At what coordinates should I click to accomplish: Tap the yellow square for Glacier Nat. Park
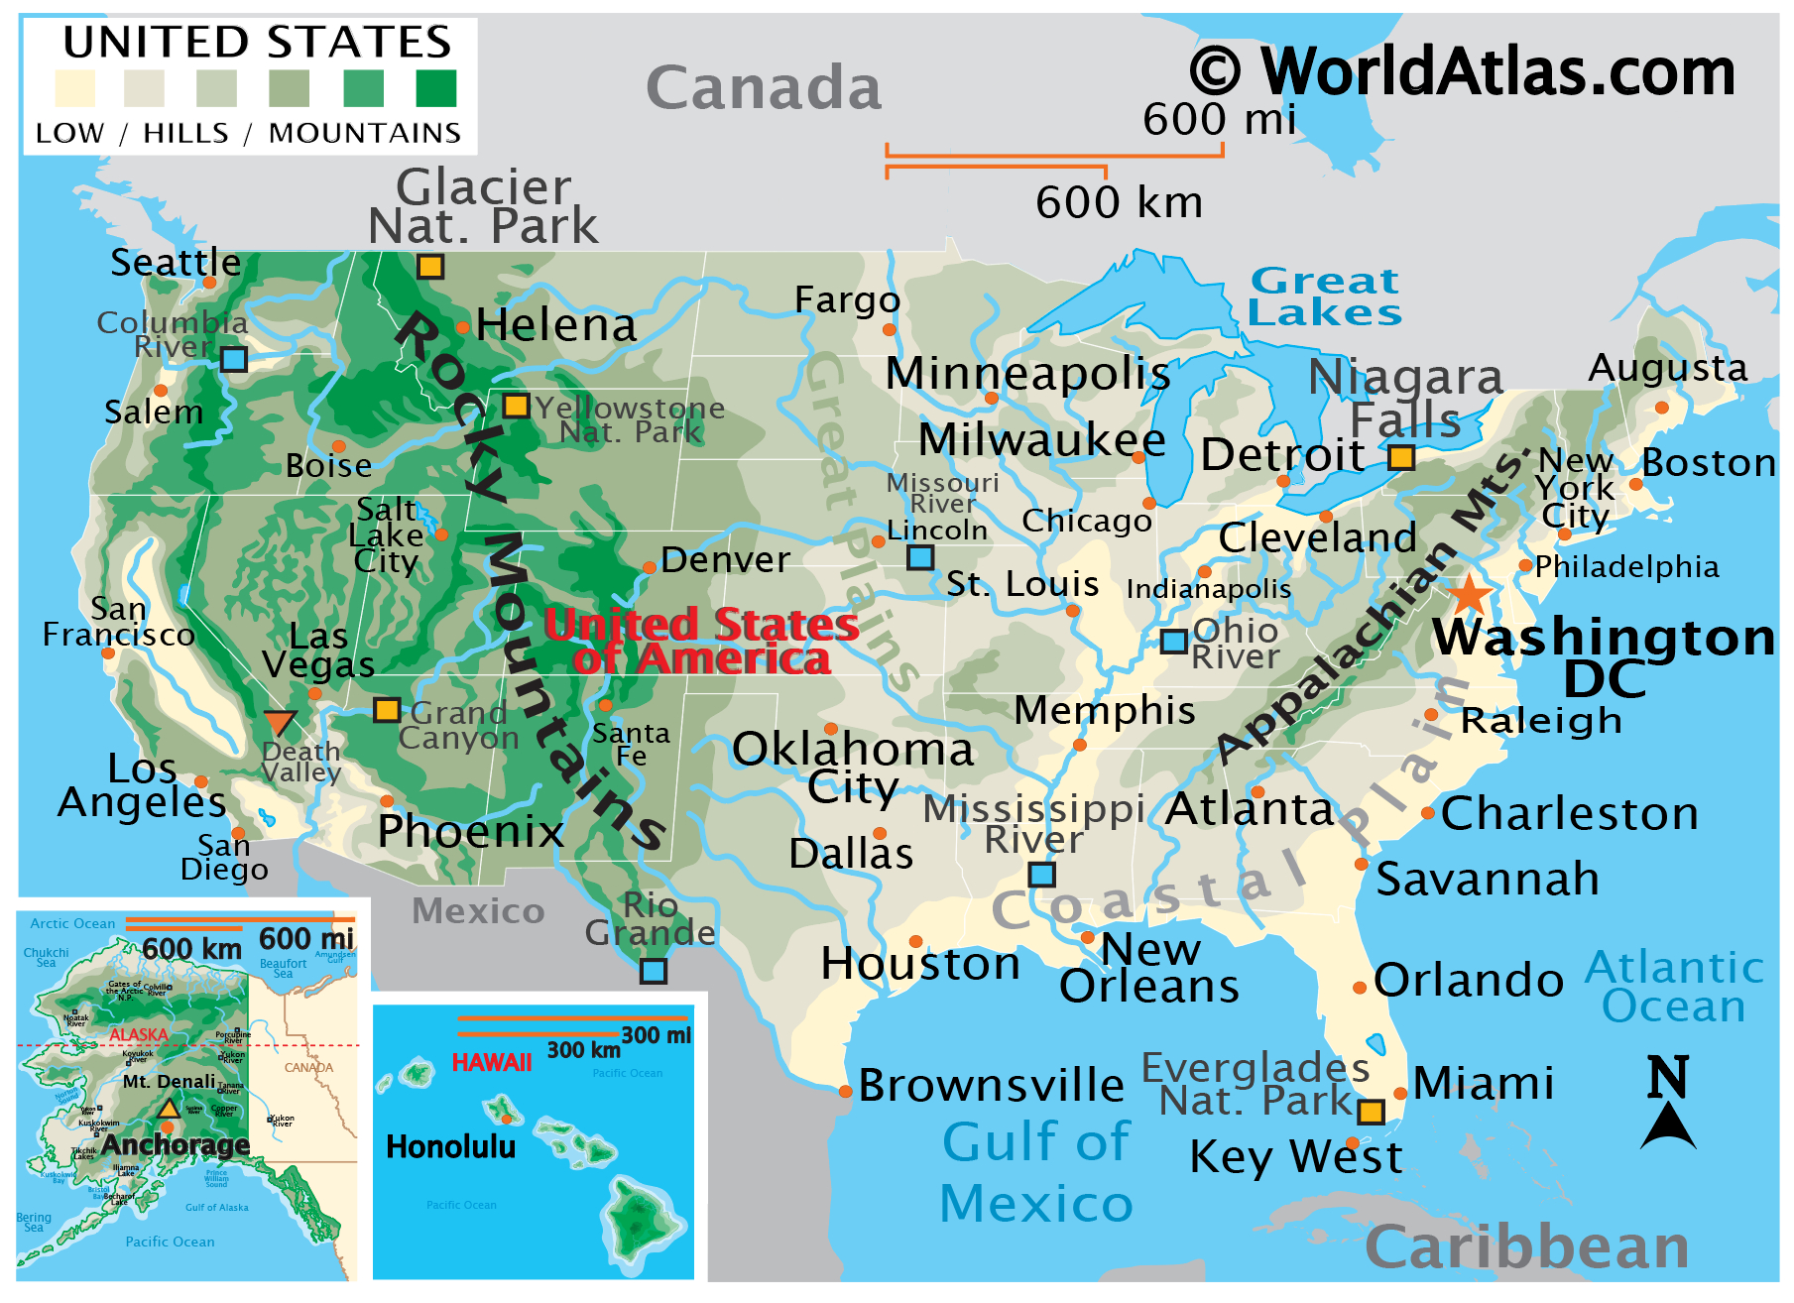tap(429, 267)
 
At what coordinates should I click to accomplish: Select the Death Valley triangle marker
tap(280, 723)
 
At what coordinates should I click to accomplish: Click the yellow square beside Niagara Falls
tap(1400, 457)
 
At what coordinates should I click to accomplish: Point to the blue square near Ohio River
tap(1174, 642)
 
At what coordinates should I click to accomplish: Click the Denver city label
tap(725, 560)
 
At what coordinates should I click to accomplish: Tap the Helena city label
tap(555, 325)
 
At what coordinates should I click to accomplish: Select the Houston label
tap(920, 964)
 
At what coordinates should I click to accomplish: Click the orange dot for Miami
tap(1400, 1094)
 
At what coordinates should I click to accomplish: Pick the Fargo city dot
tap(889, 329)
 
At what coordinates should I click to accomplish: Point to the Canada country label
tap(764, 87)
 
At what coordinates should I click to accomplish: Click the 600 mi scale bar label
tap(1219, 120)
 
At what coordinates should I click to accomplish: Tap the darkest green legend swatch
tap(436, 88)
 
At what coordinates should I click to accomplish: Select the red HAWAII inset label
tap(492, 1063)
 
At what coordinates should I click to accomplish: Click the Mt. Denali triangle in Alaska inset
tap(169, 1109)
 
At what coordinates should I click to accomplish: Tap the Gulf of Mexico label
tap(1036, 1172)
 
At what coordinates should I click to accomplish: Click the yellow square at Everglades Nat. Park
tap(1371, 1112)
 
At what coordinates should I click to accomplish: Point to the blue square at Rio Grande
tap(653, 971)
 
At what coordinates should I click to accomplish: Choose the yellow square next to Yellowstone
tap(516, 406)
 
